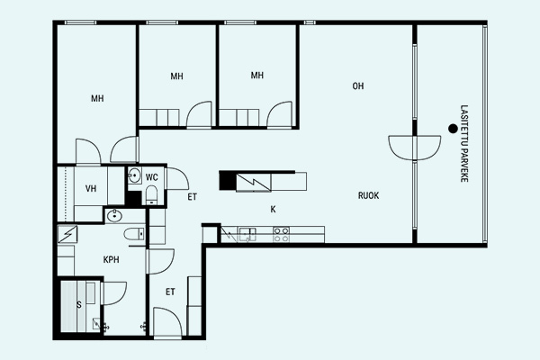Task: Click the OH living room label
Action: point(358,85)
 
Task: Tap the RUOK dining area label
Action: point(368,195)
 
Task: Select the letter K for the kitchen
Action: point(273,209)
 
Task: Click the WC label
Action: point(151,177)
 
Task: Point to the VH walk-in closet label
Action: point(91,188)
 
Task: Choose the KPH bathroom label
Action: point(112,259)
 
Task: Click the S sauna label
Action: point(79,305)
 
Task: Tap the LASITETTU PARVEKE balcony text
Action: point(464,143)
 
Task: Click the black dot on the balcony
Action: point(453,129)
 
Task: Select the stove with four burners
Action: point(281,234)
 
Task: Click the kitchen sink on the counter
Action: point(247,234)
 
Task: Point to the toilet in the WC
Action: point(151,195)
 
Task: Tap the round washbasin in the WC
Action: point(134,175)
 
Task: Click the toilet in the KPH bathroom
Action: point(135,234)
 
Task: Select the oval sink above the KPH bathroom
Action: point(114,216)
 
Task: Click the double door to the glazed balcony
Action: point(415,148)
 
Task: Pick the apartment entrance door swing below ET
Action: point(167,322)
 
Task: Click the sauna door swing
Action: point(114,293)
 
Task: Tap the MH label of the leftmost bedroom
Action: point(97,98)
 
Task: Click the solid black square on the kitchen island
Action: point(227,181)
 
